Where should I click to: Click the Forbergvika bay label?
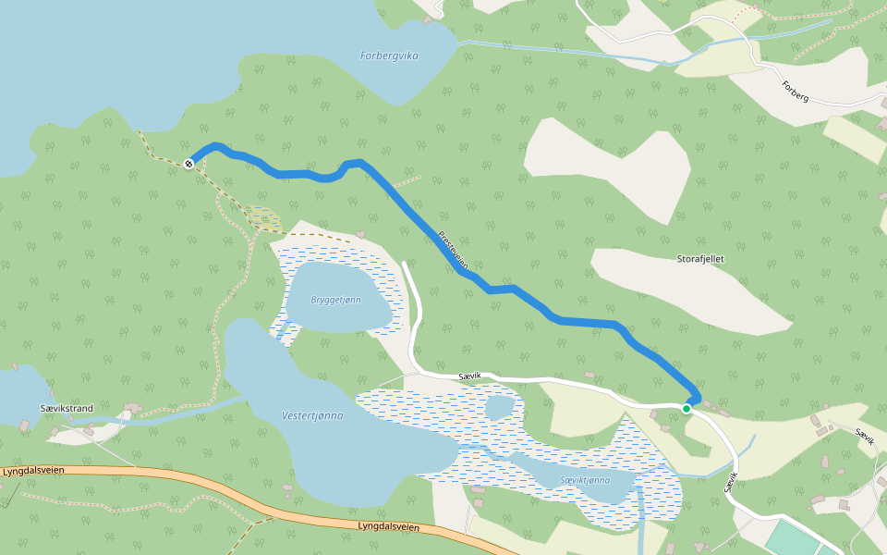tap(389, 55)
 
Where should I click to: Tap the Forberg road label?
tap(795, 91)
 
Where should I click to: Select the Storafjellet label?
tap(700, 259)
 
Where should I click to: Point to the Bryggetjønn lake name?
tap(336, 300)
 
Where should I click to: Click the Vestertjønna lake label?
tap(312, 415)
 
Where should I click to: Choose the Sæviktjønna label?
tap(585, 480)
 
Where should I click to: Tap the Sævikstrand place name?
tap(67, 408)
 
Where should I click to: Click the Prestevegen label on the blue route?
tap(453, 251)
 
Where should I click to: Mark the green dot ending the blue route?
tap(687, 408)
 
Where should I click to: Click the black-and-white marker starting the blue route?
tap(188, 164)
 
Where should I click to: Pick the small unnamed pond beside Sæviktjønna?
tap(499, 407)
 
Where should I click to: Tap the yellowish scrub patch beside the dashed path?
tap(265, 219)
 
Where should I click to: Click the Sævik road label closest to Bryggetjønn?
tap(469, 376)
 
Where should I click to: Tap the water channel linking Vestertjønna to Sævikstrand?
tap(176, 412)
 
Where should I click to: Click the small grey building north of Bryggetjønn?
tap(360, 233)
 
